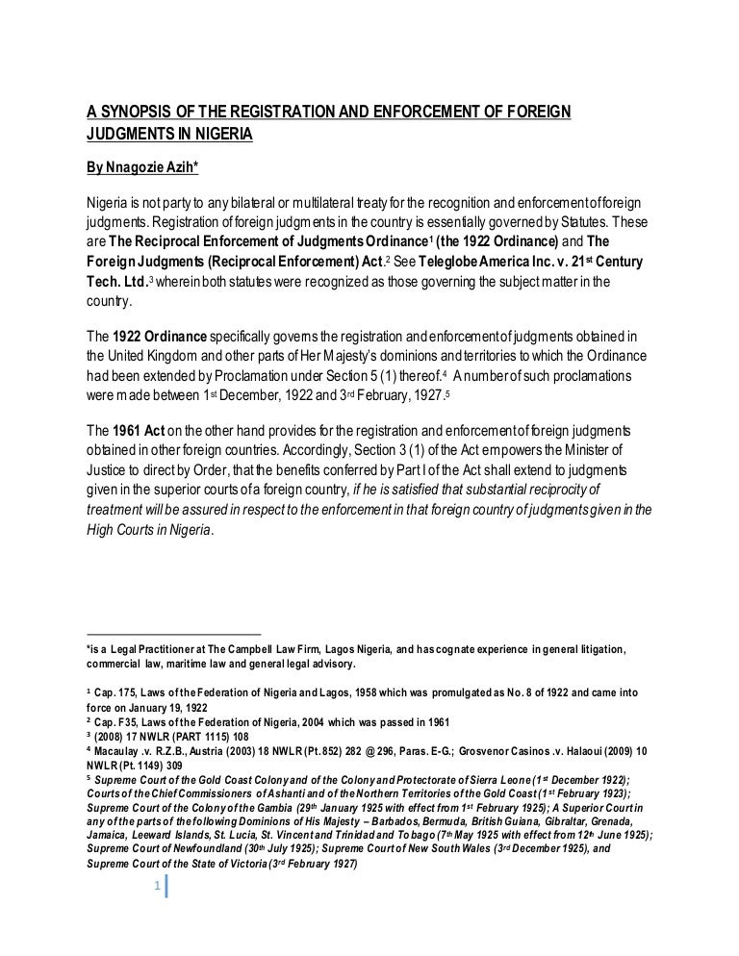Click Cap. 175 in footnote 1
[118, 692]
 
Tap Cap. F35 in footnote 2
[118, 721]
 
